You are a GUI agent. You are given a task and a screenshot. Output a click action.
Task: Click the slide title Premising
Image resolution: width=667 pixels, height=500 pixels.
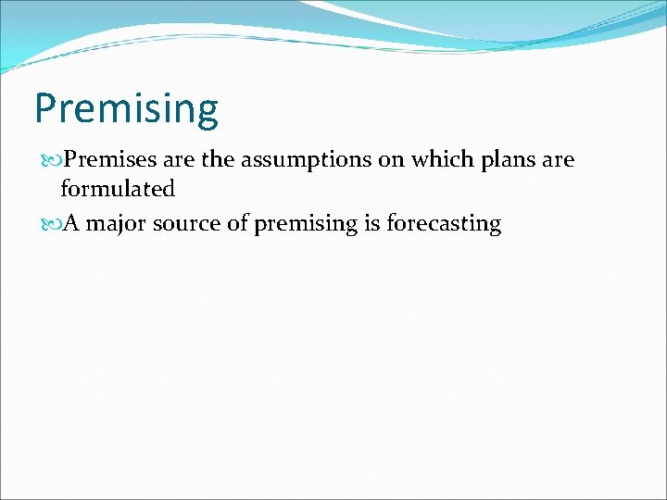click(x=126, y=108)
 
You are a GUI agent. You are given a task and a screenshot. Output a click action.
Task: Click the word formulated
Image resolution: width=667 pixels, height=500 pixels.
click(x=118, y=190)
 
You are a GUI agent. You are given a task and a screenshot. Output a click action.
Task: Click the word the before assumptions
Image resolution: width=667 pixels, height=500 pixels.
click(x=218, y=160)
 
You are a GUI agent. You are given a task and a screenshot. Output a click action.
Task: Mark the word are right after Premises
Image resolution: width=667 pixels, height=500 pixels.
click(x=179, y=160)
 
